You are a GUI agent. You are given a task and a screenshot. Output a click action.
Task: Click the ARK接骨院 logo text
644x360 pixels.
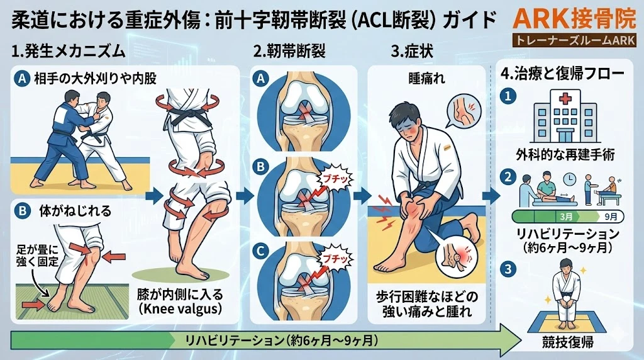574,18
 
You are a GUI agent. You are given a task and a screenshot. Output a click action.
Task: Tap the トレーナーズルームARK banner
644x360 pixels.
574,40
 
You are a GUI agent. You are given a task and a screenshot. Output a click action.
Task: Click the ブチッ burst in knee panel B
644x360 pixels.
330,178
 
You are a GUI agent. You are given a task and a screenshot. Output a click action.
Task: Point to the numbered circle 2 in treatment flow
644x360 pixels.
508,177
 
